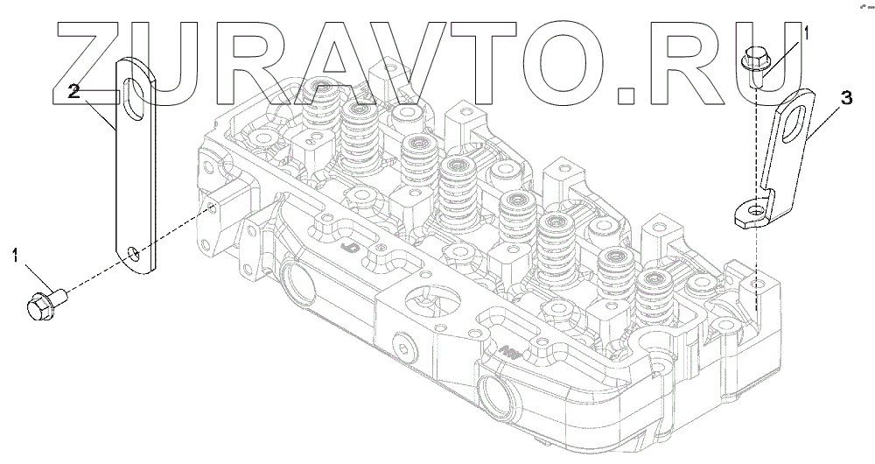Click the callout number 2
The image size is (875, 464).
[x=74, y=92]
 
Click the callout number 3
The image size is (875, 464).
[x=846, y=99]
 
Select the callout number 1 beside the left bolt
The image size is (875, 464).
[x=16, y=257]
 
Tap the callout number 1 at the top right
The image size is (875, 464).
[x=805, y=32]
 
